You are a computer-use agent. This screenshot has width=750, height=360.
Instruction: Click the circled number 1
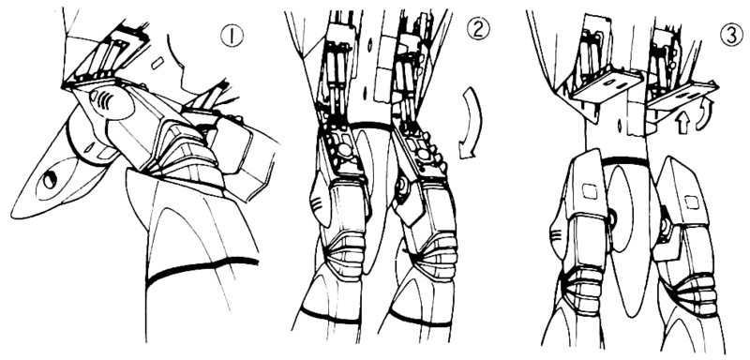(232, 36)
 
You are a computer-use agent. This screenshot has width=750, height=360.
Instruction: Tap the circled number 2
(478, 28)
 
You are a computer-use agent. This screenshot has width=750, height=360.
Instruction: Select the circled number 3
(731, 35)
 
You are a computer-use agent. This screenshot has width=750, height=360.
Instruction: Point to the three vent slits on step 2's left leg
(317, 206)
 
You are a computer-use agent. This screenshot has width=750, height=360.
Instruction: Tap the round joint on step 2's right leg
(401, 184)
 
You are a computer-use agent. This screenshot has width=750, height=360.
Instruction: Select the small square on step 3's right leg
(690, 202)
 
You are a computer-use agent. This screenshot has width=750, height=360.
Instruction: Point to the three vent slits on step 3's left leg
(555, 235)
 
